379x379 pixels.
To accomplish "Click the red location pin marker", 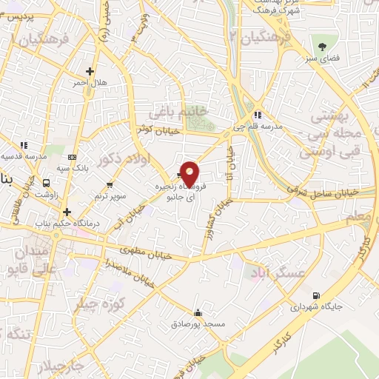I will coord(189,174).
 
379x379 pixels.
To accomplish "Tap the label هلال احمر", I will coord(90,83).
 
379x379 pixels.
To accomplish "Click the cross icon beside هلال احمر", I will coord(90,72).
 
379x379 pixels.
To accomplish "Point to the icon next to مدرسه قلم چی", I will coord(257,114).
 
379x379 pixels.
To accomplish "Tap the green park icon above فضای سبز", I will coord(323,44).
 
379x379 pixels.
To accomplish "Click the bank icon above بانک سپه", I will coord(72,157).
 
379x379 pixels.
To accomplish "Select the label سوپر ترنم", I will coord(110,195).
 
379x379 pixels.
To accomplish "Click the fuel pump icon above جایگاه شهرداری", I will coord(318,294).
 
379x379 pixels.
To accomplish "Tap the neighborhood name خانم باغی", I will coord(175,113).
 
